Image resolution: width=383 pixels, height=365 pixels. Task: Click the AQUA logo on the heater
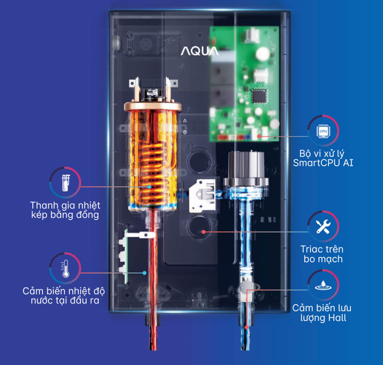(200, 50)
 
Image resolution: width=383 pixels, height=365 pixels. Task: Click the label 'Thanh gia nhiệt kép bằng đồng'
(64, 210)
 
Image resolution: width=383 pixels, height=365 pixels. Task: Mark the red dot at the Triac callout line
(203, 231)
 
